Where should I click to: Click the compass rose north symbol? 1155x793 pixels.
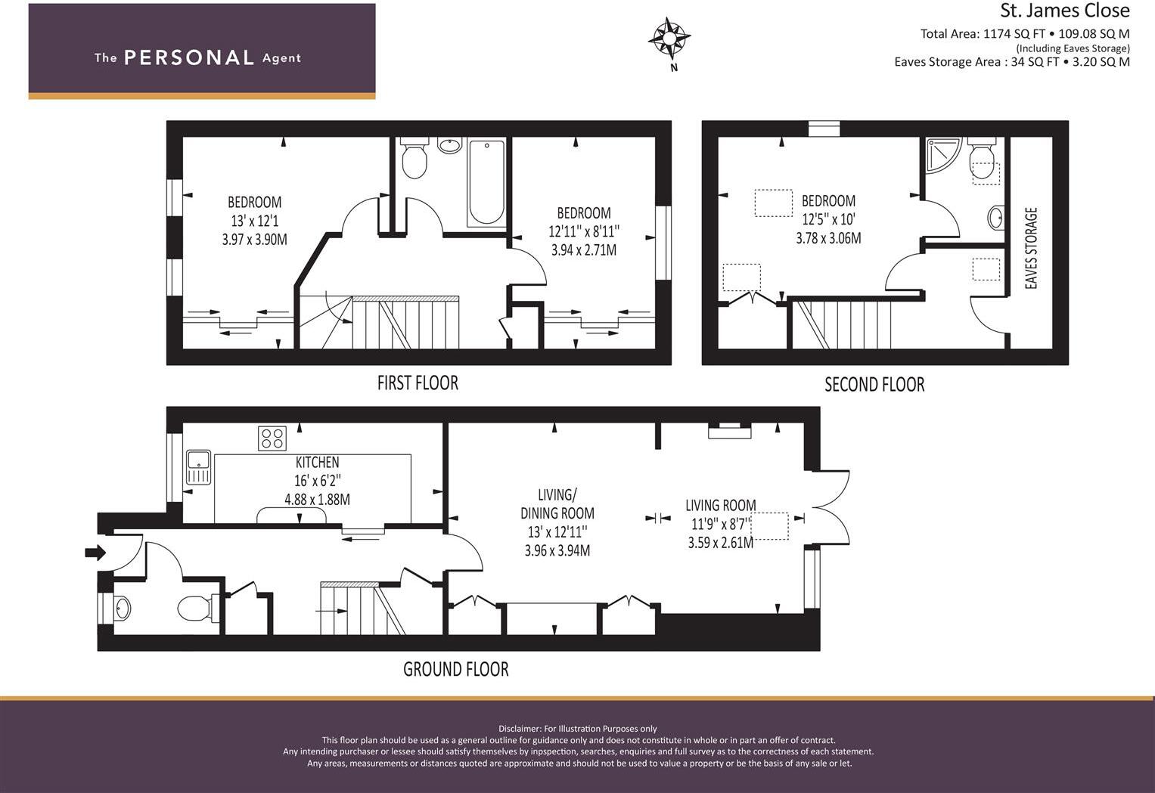pos(669,38)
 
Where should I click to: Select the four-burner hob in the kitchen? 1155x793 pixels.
pos(272,438)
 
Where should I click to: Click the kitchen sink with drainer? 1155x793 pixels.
pos(199,466)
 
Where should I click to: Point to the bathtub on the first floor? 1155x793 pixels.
pos(486,182)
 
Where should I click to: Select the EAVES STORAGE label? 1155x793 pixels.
pos(1030,248)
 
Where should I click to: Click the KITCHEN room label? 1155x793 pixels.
pos(317,462)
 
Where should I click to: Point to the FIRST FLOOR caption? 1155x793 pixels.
pos(418,383)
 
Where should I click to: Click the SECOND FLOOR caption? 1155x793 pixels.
pos(874,385)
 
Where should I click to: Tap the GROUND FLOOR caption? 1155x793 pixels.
pos(455,669)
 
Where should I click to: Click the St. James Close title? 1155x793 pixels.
pos(1064,11)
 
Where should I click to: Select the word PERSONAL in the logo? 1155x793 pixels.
pos(189,57)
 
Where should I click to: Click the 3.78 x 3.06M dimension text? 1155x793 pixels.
pos(828,238)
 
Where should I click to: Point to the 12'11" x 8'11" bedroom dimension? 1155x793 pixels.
pos(584,231)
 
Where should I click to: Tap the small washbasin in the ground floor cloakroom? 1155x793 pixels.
pos(121,607)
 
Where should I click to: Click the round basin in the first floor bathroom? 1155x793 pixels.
pos(450,145)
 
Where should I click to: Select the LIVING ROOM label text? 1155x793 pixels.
pos(720,505)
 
